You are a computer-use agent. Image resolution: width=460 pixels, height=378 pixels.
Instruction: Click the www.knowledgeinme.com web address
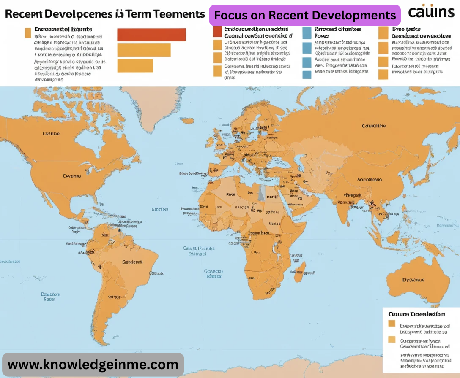tap(93, 364)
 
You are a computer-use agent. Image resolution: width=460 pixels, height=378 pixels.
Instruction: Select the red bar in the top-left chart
tap(151, 35)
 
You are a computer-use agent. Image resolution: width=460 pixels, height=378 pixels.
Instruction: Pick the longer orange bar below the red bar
tap(144, 50)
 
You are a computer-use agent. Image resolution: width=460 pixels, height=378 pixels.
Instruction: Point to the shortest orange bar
tap(135, 65)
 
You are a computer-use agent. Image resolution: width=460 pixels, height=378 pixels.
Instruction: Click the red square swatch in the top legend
tap(217, 32)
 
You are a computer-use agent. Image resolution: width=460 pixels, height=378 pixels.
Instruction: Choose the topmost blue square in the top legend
tap(307, 32)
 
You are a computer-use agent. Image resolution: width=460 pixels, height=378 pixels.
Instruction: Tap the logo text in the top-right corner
tap(431, 12)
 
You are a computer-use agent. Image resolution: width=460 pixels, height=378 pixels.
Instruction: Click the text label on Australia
tap(413, 280)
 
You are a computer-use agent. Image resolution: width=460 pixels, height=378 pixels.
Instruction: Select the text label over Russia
tap(374, 126)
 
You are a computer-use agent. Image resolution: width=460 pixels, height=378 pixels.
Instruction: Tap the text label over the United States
tap(71, 175)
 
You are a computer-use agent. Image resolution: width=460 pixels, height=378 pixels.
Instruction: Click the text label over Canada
tap(51, 134)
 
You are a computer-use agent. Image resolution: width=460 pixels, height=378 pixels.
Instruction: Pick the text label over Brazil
tap(132, 262)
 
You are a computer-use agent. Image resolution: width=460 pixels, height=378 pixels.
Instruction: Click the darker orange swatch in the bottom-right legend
tap(392, 324)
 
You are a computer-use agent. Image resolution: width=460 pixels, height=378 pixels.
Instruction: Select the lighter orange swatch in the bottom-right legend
tap(392, 340)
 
